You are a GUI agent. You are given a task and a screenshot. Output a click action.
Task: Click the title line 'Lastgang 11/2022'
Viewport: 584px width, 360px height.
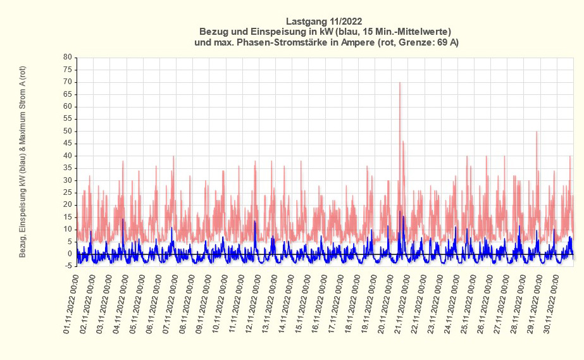[324, 21]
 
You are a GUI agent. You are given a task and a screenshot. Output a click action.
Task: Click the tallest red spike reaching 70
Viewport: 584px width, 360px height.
[400, 84]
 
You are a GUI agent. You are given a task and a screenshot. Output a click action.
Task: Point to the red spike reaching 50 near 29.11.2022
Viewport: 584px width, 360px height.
[537, 133]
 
